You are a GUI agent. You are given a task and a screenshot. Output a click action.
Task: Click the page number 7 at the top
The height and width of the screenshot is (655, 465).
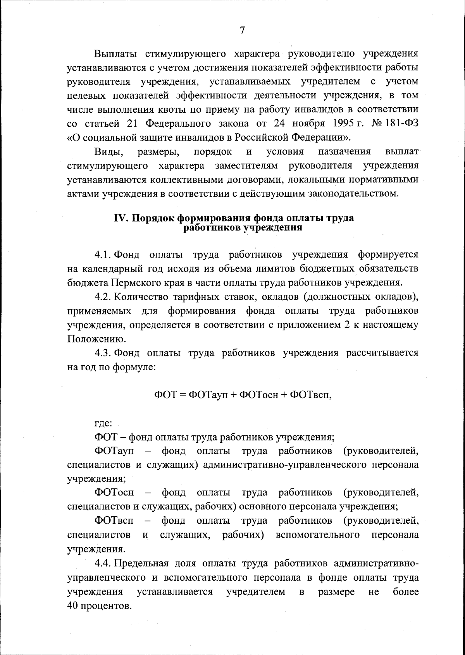(x=242, y=30)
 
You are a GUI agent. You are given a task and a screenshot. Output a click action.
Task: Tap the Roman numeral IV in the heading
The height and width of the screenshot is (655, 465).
(x=120, y=218)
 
